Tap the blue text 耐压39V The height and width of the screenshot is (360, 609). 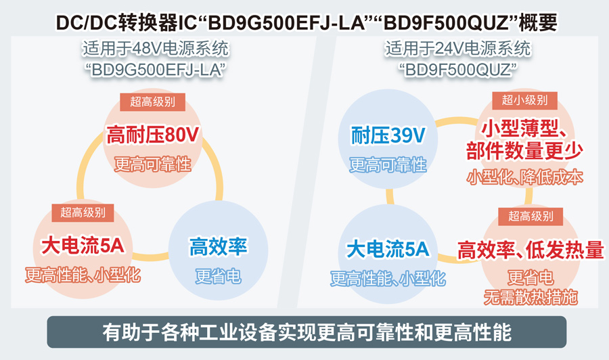point(388,136)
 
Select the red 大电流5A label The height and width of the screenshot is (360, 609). point(83,246)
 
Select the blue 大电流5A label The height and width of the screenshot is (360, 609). point(388,250)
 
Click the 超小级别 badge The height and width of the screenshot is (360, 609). point(524,100)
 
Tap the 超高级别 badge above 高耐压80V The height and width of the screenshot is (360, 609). point(152,102)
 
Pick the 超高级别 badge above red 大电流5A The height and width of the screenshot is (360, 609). point(83,212)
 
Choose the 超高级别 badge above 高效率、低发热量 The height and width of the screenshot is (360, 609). point(531,217)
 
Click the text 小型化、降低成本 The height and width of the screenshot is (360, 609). point(524,177)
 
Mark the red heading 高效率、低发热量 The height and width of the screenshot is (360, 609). point(531,250)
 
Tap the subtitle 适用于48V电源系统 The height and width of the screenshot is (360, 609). point(155,49)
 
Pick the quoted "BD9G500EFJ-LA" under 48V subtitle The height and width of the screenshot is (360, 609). point(155,69)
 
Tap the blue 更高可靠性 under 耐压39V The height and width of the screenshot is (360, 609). point(388,164)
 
